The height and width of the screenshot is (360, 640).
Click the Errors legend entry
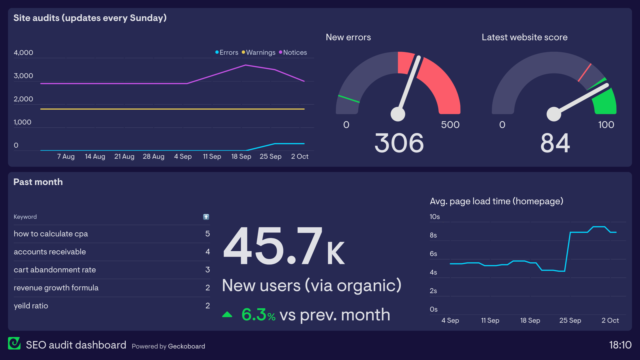point(227,52)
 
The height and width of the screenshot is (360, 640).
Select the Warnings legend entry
point(259,52)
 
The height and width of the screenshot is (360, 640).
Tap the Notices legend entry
point(293,52)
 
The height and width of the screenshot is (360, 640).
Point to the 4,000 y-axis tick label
point(23,53)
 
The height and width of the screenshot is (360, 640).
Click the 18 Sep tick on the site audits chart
point(241,156)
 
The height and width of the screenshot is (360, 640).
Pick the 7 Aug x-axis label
point(66,156)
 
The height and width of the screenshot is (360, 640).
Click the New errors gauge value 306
point(399,143)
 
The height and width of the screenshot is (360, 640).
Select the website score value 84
point(555,143)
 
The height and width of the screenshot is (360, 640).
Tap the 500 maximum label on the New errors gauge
point(450,125)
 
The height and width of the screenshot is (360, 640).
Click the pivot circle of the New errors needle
point(398,114)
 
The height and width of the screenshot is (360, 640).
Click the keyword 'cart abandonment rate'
point(55,270)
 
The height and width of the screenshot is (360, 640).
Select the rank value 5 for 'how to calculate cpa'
point(208,234)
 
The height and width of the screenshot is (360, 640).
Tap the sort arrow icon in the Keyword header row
point(206,217)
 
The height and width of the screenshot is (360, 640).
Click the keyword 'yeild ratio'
point(31,306)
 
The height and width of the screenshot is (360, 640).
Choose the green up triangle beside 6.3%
point(227,315)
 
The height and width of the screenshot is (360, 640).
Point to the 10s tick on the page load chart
point(434,217)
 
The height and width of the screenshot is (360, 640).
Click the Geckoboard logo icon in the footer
point(14,343)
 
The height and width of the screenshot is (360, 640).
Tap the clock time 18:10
point(620,345)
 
